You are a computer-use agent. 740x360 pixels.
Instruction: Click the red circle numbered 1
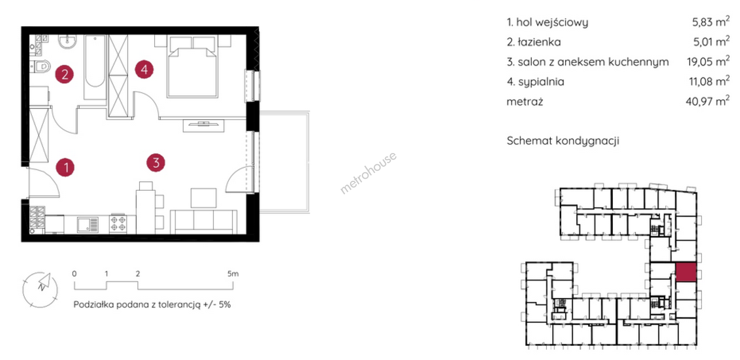(65, 167)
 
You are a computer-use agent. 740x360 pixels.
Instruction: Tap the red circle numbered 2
(64, 74)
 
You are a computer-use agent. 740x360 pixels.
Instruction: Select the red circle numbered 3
(156, 163)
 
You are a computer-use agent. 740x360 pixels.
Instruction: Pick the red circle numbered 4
(144, 69)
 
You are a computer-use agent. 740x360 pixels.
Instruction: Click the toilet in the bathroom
(40, 67)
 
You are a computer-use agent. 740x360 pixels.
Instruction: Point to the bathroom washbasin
(67, 42)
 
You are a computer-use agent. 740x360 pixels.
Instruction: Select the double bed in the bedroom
(192, 66)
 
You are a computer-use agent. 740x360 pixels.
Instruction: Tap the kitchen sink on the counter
(88, 225)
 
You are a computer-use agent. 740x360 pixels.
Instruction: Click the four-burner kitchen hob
(118, 224)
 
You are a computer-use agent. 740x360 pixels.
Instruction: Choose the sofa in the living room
(204, 222)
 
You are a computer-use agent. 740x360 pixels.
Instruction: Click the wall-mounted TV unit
(203, 126)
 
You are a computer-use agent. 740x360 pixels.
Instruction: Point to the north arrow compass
(40, 289)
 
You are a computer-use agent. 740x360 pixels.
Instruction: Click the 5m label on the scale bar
(233, 274)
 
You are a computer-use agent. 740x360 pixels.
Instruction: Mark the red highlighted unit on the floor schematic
(686, 272)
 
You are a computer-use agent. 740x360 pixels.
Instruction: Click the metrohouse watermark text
(368, 172)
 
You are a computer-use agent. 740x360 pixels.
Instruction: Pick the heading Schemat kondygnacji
(563, 141)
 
